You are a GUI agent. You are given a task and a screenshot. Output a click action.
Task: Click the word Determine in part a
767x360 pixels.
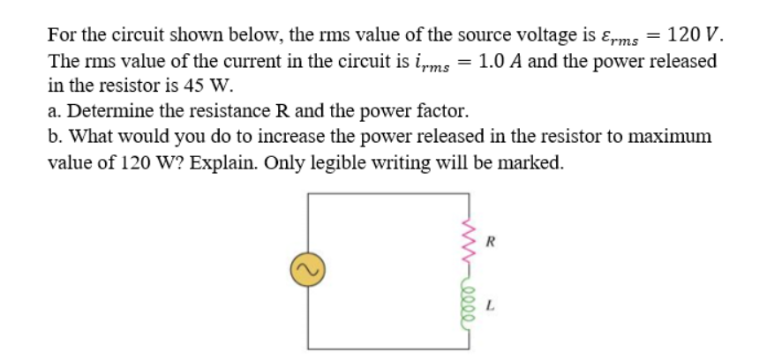tap(110, 112)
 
